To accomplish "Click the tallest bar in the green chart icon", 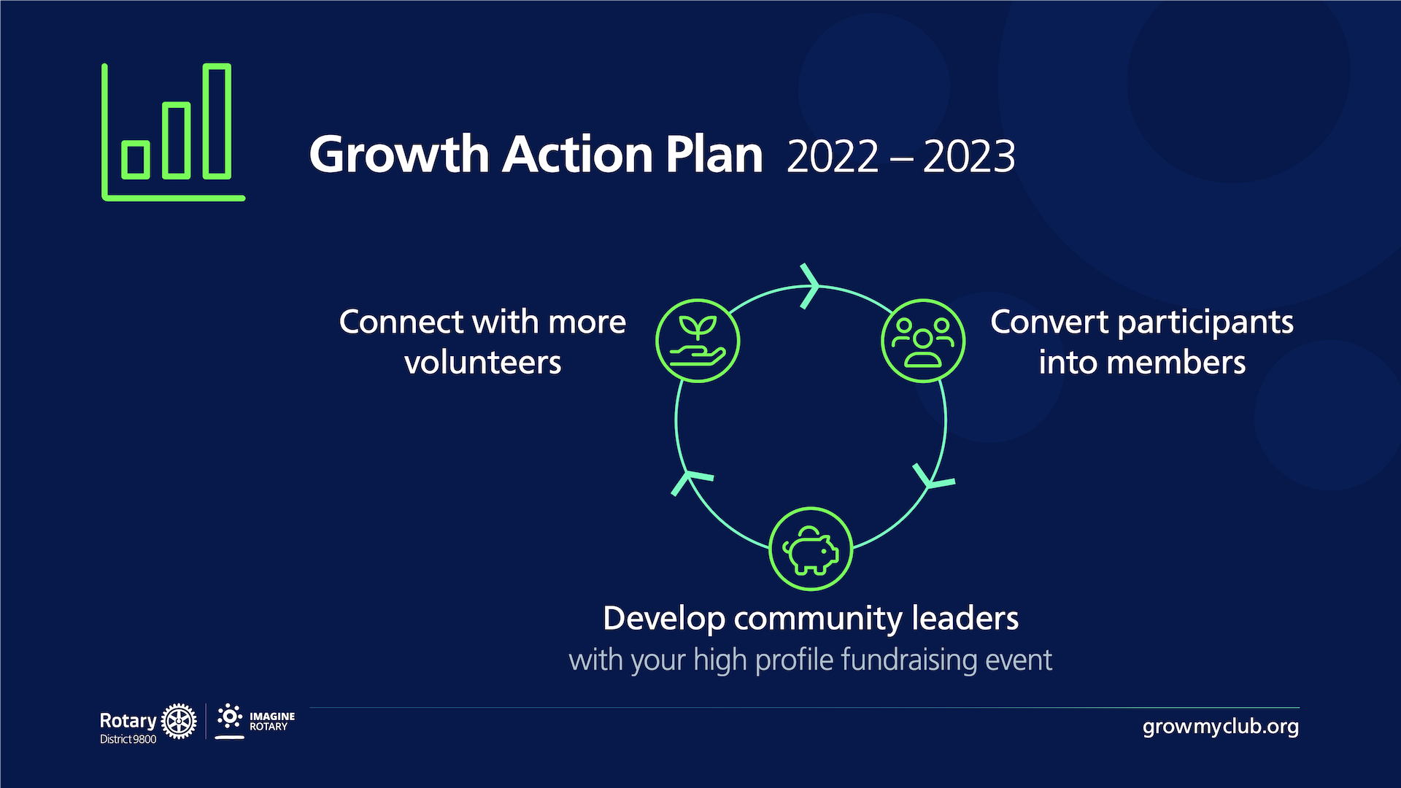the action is pyautogui.click(x=217, y=121).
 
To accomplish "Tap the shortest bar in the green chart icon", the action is pyautogui.click(x=136, y=159).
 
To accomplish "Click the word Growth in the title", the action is pyautogui.click(x=398, y=155).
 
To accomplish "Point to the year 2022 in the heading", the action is pyautogui.click(x=833, y=156).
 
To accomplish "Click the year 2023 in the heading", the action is pyautogui.click(x=969, y=156).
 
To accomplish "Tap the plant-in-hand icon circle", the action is pyautogui.click(x=698, y=341).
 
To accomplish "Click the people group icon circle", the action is pyautogui.click(x=923, y=341).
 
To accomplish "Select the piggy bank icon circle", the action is pyautogui.click(x=811, y=549).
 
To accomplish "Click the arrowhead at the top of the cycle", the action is pyautogui.click(x=810, y=286).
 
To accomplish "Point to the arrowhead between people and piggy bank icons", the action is pyautogui.click(x=932, y=478).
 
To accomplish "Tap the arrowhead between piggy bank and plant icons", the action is pyautogui.click(x=690, y=482).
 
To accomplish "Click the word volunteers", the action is pyautogui.click(x=483, y=363).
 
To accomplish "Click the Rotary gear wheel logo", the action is pyautogui.click(x=179, y=722).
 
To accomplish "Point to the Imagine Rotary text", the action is pyautogui.click(x=271, y=722).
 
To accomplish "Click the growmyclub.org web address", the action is pyautogui.click(x=1221, y=727).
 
